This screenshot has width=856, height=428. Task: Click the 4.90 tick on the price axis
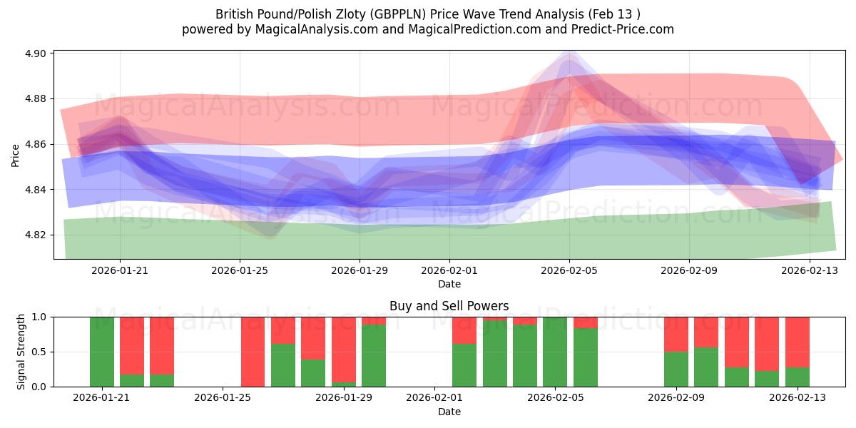[x=36, y=53]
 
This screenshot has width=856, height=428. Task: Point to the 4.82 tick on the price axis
[x=36, y=235]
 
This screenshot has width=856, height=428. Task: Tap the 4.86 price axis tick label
[x=36, y=144]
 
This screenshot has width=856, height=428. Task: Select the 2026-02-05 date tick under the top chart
[x=569, y=271]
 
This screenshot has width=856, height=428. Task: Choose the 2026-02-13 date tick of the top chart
[x=809, y=271]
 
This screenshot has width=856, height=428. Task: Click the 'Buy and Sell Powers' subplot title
[x=449, y=306]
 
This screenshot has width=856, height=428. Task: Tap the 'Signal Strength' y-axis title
[x=21, y=352]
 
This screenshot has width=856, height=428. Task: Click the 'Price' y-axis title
[x=16, y=155]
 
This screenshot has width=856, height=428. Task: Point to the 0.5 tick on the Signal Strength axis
[x=40, y=352]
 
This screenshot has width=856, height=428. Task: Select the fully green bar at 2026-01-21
[x=102, y=352]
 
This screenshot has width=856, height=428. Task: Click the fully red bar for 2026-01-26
[x=253, y=352]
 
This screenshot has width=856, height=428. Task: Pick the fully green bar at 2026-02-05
[x=555, y=352]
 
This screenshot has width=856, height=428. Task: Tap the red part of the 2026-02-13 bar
[x=798, y=341]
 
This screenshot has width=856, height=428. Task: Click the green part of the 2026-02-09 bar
[x=676, y=370]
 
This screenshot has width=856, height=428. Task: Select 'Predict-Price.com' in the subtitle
[x=616, y=29]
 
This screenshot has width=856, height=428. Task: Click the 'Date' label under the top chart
[x=449, y=284]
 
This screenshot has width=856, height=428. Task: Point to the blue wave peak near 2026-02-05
[x=569, y=64]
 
